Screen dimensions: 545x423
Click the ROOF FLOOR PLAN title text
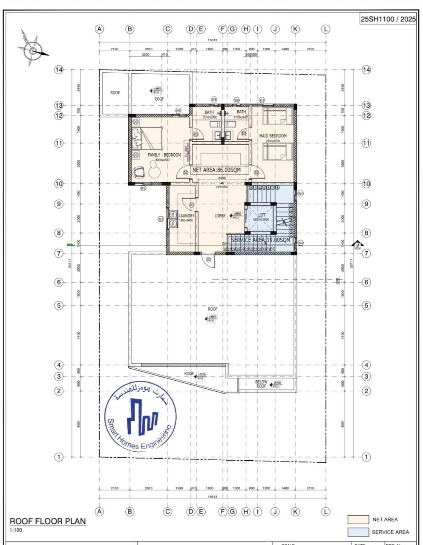pyautogui.click(x=48, y=521)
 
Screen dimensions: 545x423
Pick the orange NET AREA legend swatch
pyautogui.click(x=358, y=519)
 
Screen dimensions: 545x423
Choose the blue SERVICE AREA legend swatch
pyautogui.click(x=358, y=532)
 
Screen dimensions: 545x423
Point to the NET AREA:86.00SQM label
pyautogui.click(x=216, y=170)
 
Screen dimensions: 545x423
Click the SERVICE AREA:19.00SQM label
pyautogui.click(x=260, y=240)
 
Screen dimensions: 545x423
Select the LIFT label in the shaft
pyautogui.click(x=262, y=215)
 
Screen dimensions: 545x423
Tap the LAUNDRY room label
pyautogui.click(x=186, y=216)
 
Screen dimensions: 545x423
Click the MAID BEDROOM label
pyautogui.click(x=273, y=136)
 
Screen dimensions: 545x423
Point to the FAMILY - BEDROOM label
pyautogui.click(x=164, y=155)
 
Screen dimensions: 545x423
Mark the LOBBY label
pyautogui.click(x=220, y=216)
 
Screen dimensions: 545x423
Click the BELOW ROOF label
pyautogui.click(x=261, y=384)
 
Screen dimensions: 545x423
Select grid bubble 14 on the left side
pyautogui.click(x=59, y=69)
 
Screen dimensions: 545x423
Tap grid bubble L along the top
pyautogui.click(x=326, y=29)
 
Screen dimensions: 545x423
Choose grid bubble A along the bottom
pyautogui.click(x=100, y=511)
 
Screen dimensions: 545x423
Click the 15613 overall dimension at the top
pyautogui.click(x=213, y=40)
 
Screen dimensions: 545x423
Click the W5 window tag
pyautogui.click(x=144, y=188)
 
